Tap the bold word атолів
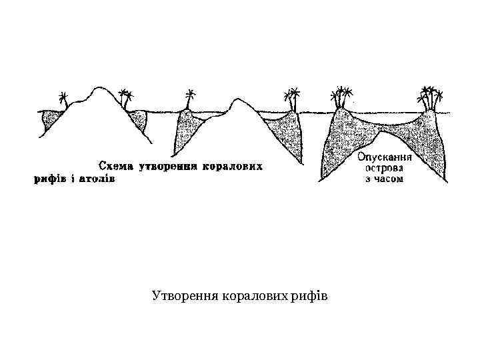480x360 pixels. pyautogui.click(x=97, y=179)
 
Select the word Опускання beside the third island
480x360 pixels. pyautogui.click(x=385, y=158)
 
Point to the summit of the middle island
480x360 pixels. pyautogui.click(x=237, y=101)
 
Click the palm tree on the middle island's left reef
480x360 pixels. pyautogui.click(x=191, y=97)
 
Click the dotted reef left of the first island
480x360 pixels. pyautogui.click(x=50, y=120)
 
